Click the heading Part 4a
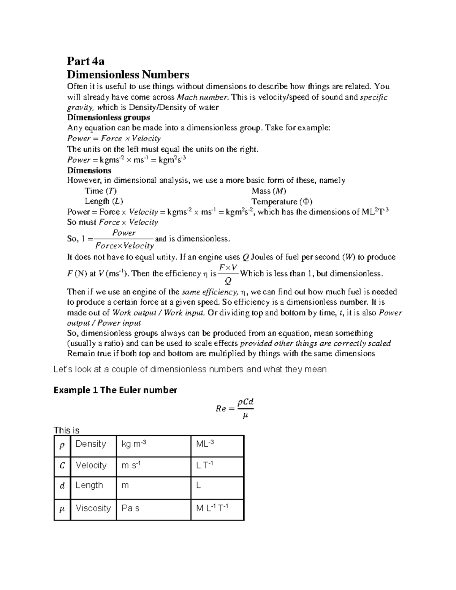pos(85,61)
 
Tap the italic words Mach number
pos(203,97)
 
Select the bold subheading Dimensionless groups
pos(108,117)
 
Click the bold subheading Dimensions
pos(89,170)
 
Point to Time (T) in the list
pos(100,191)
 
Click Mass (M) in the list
pos(269,191)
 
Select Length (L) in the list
pos(104,201)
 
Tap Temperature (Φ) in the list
pos(282,201)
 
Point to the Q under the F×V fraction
pos(228,281)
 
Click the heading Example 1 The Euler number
pos(115,390)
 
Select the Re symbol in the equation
pos(221,409)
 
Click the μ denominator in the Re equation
pos(245,416)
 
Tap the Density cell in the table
pos(90,444)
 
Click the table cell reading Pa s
pos(130,508)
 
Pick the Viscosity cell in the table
pos(93,508)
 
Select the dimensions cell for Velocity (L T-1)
pos(204,465)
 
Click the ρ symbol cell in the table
pos(62,445)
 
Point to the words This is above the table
pos(66,430)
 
